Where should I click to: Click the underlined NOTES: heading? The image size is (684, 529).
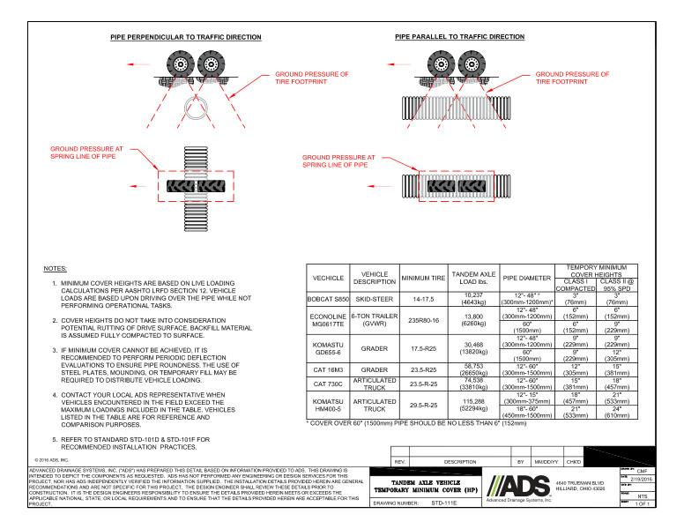coord(55,266)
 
